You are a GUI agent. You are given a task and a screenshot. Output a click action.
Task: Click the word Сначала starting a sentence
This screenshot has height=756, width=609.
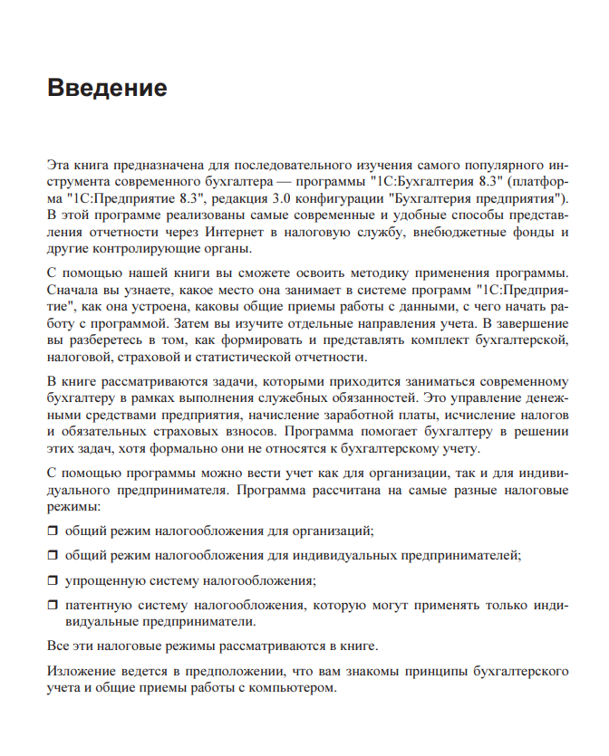point(72,290)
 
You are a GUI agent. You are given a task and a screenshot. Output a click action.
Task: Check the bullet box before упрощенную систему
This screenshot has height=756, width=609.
point(52,579)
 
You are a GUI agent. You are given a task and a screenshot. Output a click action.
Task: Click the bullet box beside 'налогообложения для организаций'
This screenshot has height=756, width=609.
point(52,530)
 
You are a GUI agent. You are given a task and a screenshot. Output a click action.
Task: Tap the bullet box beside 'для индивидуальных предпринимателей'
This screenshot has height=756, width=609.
point(52,555)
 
